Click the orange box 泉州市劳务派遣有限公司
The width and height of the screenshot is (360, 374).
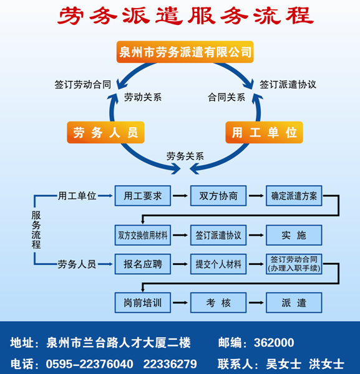[x=185, y=52]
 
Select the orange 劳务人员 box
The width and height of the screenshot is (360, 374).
[x=106, y=132]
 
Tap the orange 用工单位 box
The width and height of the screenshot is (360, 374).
[x=265, y=132]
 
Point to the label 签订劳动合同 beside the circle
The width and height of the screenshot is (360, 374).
[x=83, y=85]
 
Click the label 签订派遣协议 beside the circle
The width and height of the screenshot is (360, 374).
[x=288, y=85]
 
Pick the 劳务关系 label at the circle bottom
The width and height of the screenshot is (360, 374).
[x=185, y=156]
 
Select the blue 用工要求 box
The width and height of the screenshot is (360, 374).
[x=143, y=196]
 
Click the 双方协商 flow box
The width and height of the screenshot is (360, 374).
[x=218, y=196]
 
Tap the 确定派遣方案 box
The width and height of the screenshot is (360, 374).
[x=294, y=196]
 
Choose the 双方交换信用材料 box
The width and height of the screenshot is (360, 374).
[x=143, y=235]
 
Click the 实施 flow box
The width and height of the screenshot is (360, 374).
[x=294, y=235]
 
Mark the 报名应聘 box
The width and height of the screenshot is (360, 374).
[x=143, y=264]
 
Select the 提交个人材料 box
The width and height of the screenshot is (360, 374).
[x=218, y=264]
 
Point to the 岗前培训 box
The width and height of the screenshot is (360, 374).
[x=143, y=303]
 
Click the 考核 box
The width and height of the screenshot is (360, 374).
[x=218, y=303]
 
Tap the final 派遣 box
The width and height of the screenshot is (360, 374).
[x=294, y=303]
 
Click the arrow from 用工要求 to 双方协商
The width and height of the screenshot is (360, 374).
[x=180, y=196]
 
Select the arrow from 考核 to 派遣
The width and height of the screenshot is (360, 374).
[x=256, y=303]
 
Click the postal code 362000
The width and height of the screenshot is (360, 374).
[x=274, y=343]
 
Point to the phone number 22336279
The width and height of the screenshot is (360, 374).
[x=170, y=364]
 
